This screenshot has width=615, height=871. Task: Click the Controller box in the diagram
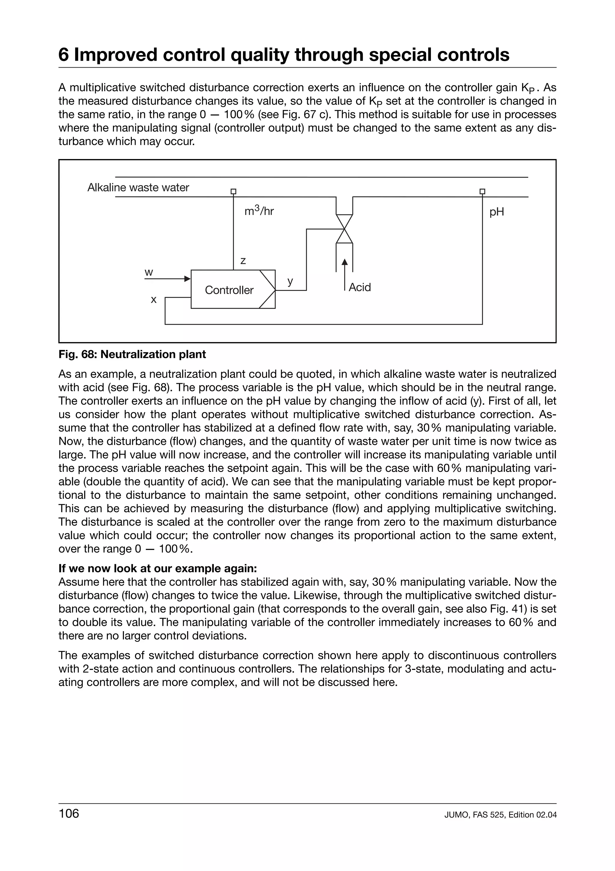tap(229, 290)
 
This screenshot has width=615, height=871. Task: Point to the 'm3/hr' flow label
tap(259, 211)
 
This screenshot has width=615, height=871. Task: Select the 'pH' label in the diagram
tap(496, 212)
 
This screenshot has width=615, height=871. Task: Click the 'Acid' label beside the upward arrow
tap(360, 287)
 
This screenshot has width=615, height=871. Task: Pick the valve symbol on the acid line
tap(344, 229)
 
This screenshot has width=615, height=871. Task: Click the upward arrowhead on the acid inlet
tap(344, 262)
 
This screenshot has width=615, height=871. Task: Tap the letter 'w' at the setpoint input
tap(149, 272)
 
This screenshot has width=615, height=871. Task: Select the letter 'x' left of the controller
tap(153, 300)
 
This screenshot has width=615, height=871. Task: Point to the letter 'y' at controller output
tap(290, 281)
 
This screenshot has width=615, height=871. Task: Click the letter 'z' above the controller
tap(243, 261)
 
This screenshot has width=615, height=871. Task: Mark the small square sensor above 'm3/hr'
tap(233, 191)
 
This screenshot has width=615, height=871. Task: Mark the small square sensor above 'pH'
tap(482, 191)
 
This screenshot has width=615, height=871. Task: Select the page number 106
tap(68, 814)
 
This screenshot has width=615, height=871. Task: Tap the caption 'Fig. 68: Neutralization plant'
tap(132, 354)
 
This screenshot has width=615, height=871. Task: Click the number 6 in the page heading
tap(64, 55)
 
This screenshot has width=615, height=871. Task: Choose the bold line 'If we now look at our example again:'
tap(158, 568)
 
